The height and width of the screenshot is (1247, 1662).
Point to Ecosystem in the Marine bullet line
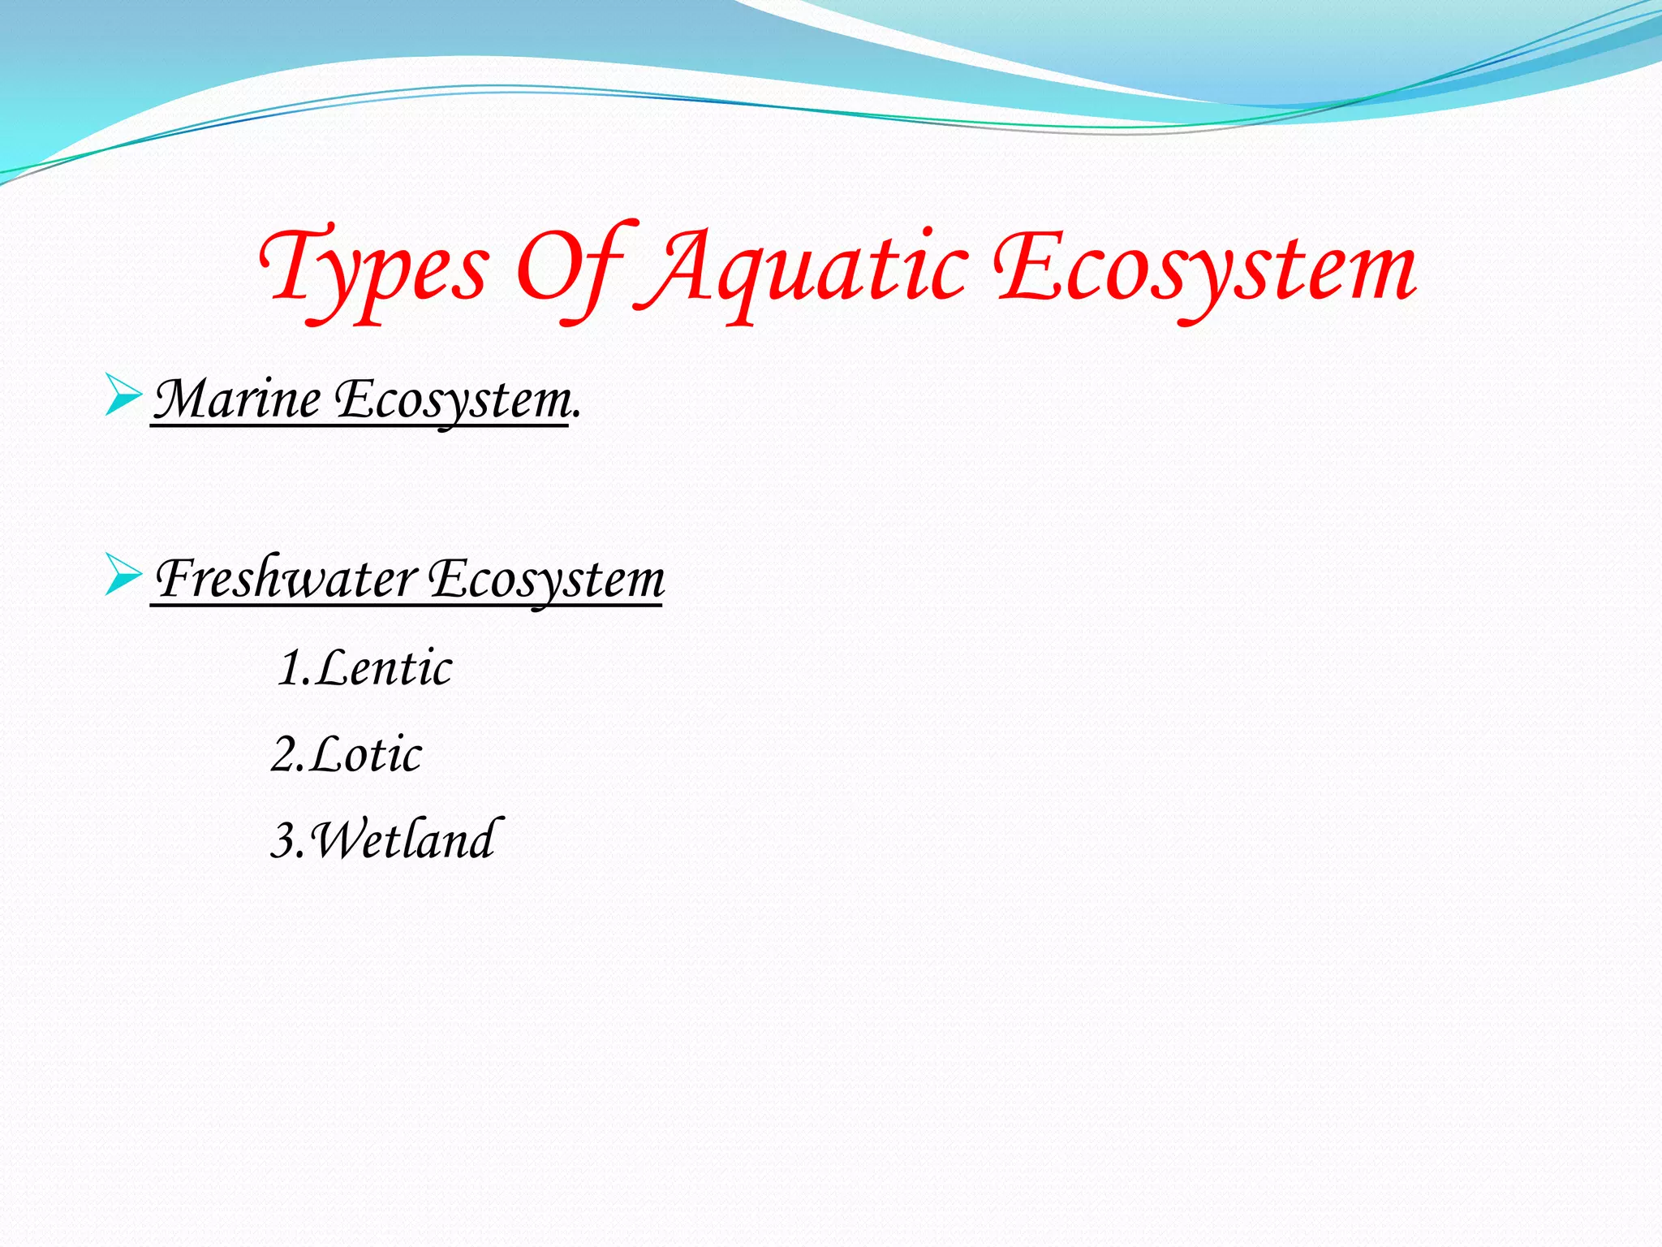point(453,399)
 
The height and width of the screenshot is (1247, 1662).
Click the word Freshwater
point(286,579)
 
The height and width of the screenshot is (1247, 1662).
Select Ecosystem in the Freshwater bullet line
point(546,579)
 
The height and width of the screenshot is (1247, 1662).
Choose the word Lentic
point(384,668)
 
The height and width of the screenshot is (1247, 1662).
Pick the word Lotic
point(366,754)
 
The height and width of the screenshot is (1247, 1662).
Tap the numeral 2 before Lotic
point(285,755)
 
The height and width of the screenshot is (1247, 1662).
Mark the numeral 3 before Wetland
point(284,840)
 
